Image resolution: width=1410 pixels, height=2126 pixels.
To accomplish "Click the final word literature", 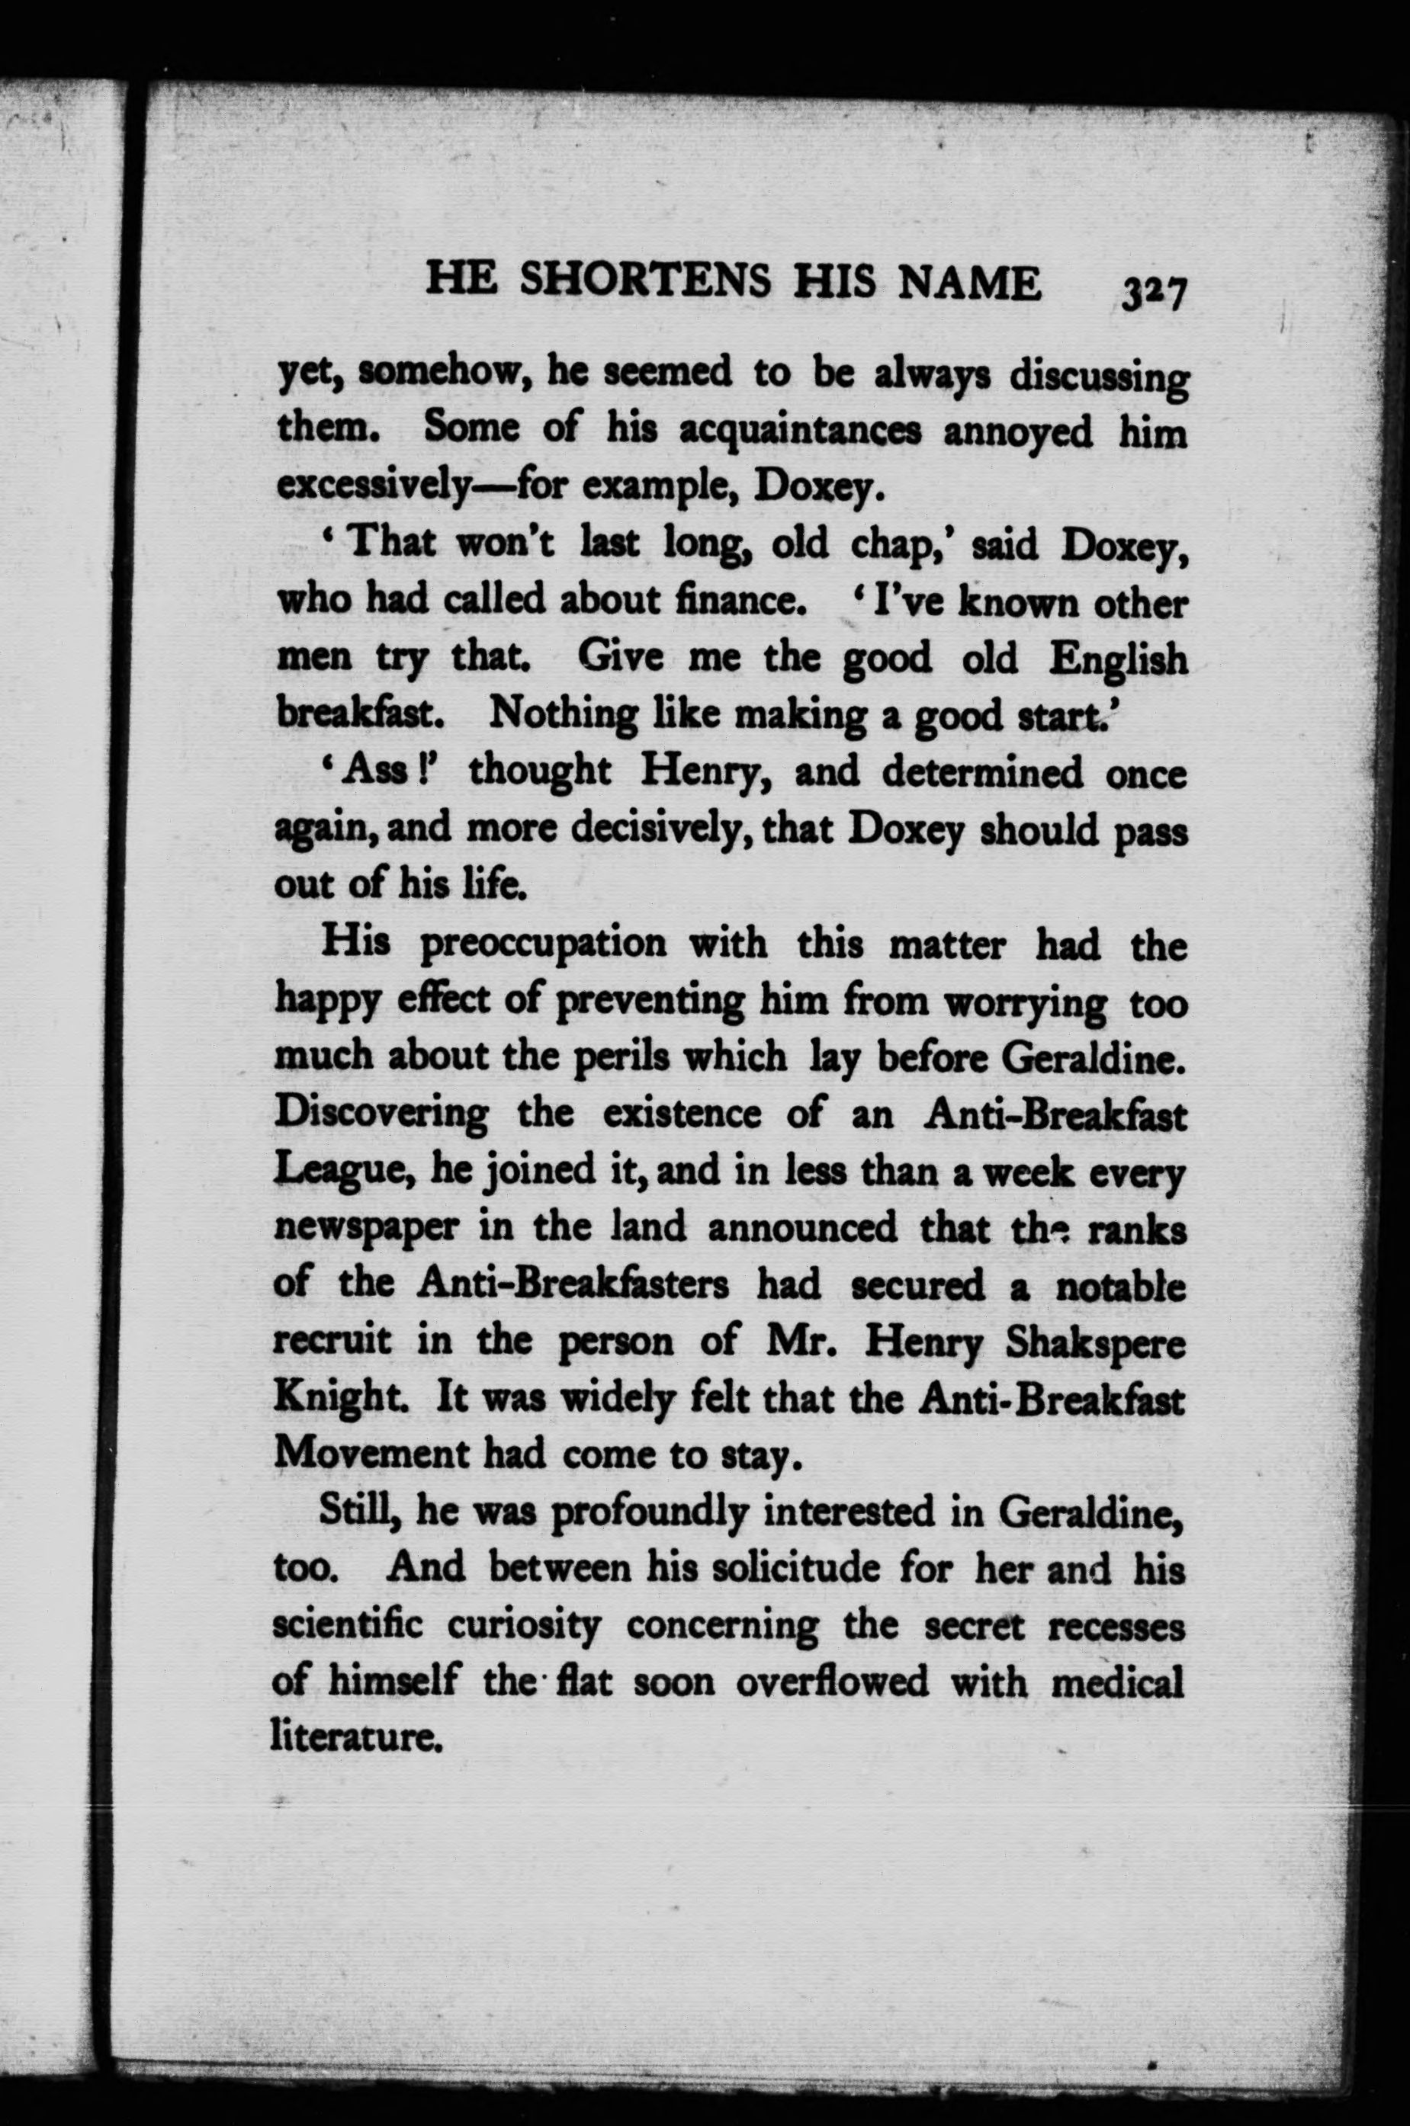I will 356,1736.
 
